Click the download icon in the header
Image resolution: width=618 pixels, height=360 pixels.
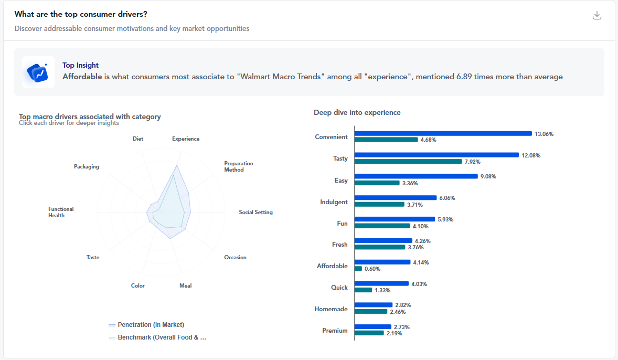point(596,15)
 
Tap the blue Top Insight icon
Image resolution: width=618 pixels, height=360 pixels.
point(38,72)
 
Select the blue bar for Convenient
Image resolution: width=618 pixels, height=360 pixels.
point(443,134)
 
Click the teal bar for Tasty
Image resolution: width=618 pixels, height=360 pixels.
point(408,162)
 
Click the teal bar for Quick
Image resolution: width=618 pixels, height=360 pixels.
point(363,290)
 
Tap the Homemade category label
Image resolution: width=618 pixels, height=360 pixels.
point(331,309)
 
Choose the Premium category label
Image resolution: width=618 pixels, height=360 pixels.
point(335,331)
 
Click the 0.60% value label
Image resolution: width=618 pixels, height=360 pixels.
point(372,269)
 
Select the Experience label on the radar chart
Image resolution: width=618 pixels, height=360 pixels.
point(186,139)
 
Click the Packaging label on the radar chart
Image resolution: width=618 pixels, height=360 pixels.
point(87,167)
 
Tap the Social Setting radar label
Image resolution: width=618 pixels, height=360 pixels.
point(255,213)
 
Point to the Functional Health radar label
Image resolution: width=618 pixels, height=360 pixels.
point(61,212)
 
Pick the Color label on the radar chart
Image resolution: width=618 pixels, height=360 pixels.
point(138,286)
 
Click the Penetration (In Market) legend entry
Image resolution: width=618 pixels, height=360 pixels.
point(151,325)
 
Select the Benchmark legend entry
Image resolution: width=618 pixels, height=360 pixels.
point(162,337)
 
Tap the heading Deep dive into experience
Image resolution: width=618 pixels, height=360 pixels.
point(357,113)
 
